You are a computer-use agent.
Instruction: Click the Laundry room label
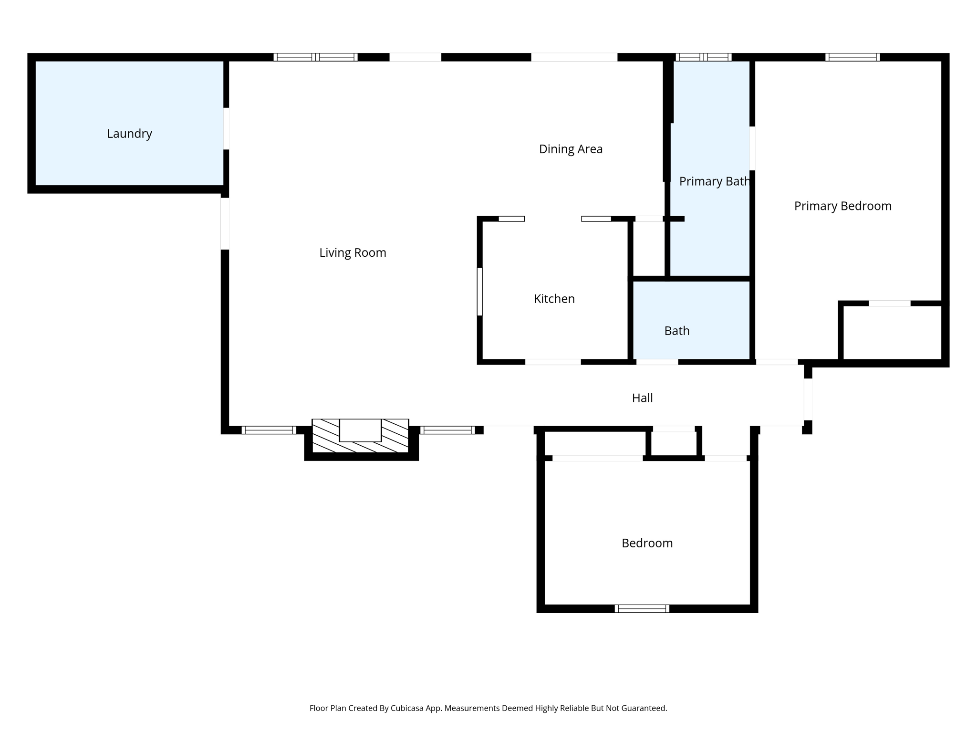point(129,134)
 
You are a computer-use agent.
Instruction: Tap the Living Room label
point(353,253)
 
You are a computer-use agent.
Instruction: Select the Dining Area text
point(571,149)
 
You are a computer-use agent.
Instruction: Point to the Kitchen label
point(554,299)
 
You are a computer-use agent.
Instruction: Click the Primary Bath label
point(714,182)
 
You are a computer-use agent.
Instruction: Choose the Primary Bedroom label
point(842,206)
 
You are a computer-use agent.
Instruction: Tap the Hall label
point(642,398)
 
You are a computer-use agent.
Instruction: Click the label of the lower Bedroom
point(647,543)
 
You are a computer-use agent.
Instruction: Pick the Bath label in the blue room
point(676,331)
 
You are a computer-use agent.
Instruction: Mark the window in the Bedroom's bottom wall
point(642,608)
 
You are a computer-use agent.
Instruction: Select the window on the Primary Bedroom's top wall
point(852,57)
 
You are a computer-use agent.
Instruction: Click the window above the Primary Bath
point(703,57)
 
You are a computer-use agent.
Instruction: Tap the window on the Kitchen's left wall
point(480,292)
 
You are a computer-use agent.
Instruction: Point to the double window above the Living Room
point(315,57)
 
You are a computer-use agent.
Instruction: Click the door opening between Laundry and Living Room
point(226,129)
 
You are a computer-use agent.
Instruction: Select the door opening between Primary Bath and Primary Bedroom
point(752,148)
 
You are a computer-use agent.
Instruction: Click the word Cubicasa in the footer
point(407,708)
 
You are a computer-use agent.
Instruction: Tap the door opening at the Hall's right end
point(808,399)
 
